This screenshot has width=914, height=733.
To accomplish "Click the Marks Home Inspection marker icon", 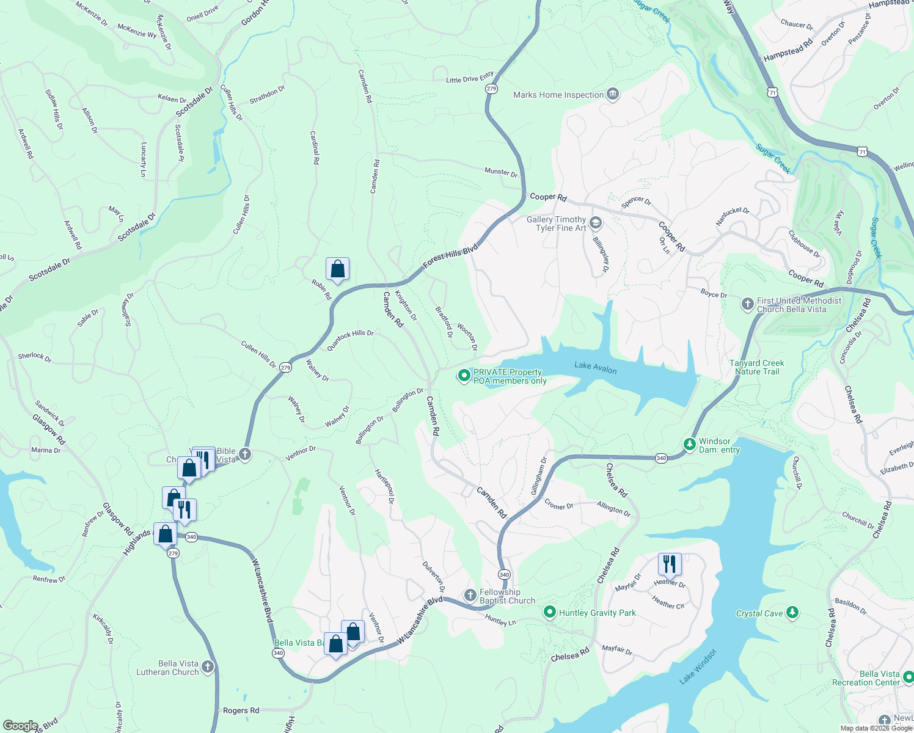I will tap(613, 95).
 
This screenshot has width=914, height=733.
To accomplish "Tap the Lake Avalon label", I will tap(595, 367).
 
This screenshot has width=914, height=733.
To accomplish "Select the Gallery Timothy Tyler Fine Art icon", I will tap(596, 224).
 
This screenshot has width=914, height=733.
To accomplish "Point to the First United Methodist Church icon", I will tap(747, 304).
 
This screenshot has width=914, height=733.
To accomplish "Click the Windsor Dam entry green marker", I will tap(690, 445).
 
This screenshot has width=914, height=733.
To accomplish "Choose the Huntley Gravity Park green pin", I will tap(550, 612).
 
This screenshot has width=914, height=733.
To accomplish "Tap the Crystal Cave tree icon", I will tap(792, 613).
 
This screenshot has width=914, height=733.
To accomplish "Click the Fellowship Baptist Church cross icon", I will tap(470, 596).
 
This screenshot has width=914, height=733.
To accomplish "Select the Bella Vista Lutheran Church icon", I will tap(208, 667).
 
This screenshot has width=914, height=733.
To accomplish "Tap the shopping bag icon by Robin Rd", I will tap(337, 269).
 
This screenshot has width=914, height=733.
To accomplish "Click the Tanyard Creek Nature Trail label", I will tap(756, 367).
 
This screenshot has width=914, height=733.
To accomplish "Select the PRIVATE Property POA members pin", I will tap(464, 376).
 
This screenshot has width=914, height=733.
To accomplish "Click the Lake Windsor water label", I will tap(698, 666).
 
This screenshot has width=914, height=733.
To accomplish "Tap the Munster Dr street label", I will tap(501, 172).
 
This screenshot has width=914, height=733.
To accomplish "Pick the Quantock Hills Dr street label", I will tap(350, 340).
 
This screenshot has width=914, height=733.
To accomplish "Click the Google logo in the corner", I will tap(20, 726).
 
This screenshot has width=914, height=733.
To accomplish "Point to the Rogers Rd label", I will tap(241, 710).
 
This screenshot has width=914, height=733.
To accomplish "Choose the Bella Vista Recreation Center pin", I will tap(908, 677).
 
